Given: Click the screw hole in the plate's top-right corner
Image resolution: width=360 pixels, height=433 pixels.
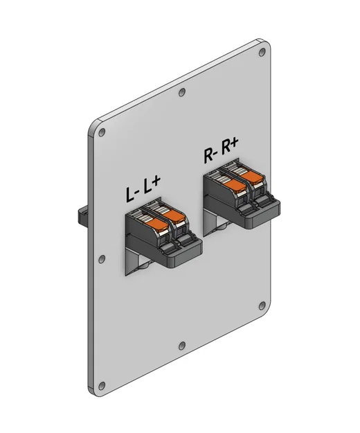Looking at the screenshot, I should click(x=260, y=53).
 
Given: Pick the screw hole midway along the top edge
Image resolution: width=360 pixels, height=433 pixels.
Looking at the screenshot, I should click(x=181, y=92).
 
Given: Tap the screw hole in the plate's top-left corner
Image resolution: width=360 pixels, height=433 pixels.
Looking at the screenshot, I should click(x=102, y=131).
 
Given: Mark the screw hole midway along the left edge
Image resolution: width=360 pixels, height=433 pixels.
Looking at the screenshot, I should click(x=102, y=258).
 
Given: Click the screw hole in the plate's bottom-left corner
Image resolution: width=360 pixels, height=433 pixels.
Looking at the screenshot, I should click(x=102, y=385).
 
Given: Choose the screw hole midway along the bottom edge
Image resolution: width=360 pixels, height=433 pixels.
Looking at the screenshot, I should click(x=181, y=345).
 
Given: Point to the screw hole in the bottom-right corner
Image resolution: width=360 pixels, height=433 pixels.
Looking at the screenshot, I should click(x=261, y=305).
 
